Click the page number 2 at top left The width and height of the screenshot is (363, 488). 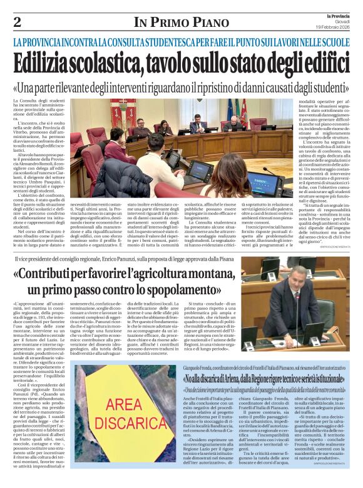pos(17,22)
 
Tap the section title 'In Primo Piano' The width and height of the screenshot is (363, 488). pos(181,22)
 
